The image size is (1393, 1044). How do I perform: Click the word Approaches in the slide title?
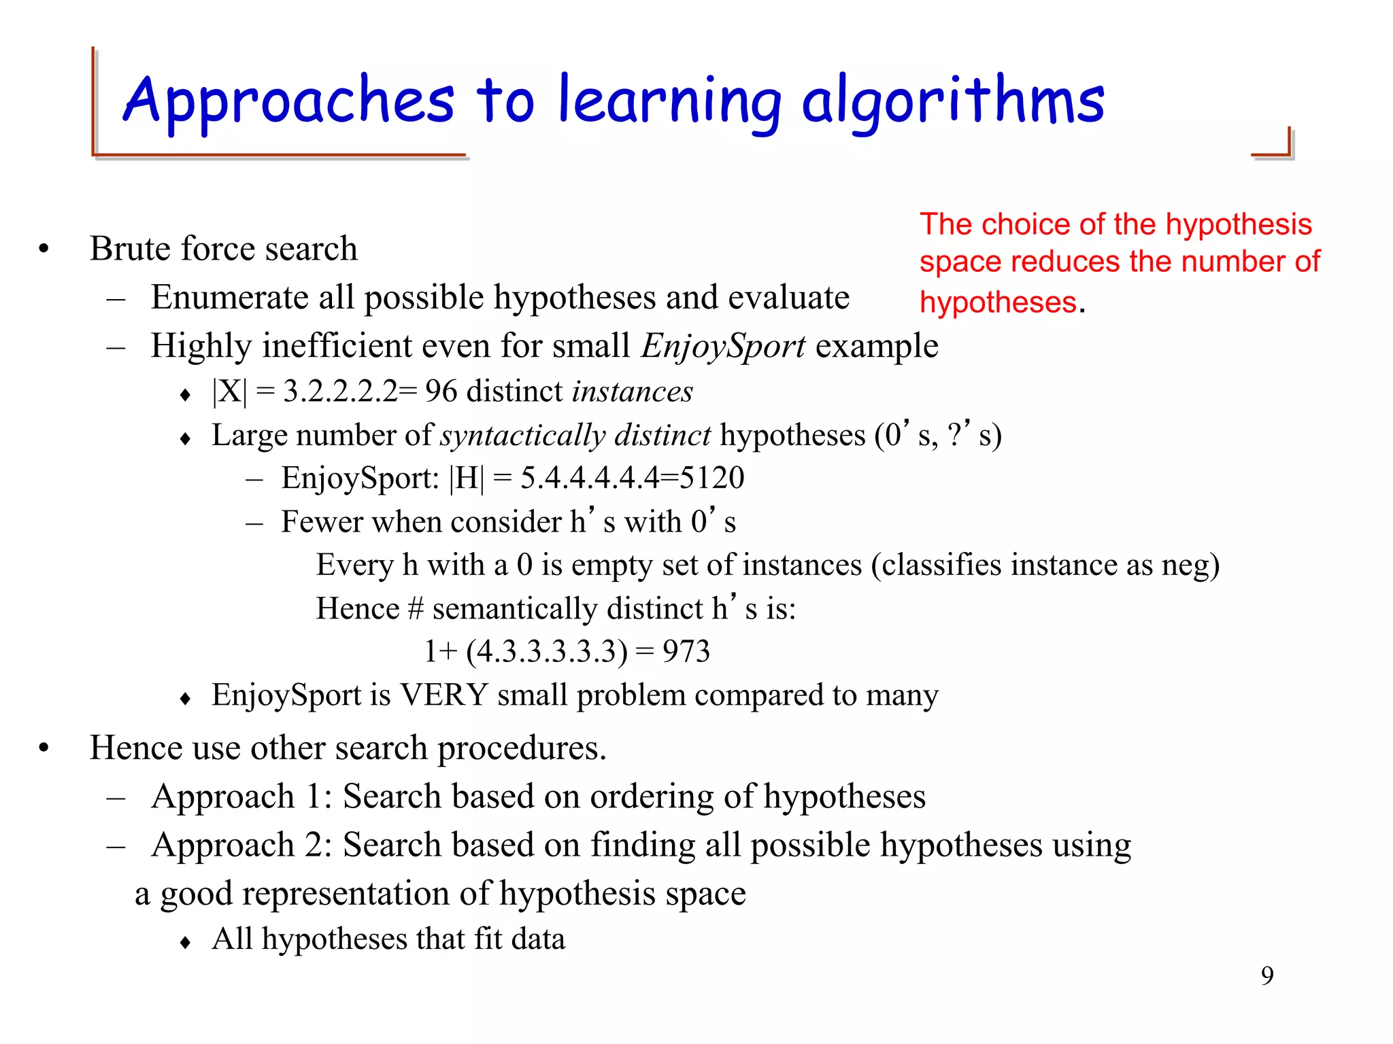click(x=289, y=101)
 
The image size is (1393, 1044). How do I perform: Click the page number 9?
click(x=1267, y=975)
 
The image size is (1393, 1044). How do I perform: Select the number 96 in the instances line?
click(x=441, y=391)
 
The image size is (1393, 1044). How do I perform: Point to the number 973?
click(x=686, y=651)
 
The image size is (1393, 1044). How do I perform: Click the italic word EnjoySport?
click(x=723, y=345)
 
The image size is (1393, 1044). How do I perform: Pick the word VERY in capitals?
click(x=443, y=695)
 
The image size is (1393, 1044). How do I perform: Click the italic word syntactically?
click(x=522, y=435)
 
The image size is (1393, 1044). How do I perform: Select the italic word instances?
click(x=633, y=391)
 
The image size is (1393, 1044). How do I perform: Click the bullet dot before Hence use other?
click(x=44, y=748)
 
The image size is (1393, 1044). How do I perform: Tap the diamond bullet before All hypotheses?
click(x=186, y=942)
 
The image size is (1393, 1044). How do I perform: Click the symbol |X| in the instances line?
click(x=230, y=391)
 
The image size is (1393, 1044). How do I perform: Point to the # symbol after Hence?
click(x=416, y=608)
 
